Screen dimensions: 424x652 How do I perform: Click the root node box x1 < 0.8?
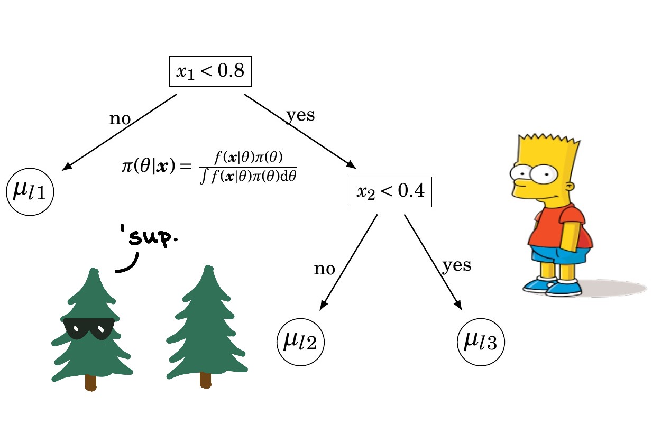pos(210,72)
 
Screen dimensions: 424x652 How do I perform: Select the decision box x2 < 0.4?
pos(391,191)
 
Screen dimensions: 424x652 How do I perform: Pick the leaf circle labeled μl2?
pos(300,342)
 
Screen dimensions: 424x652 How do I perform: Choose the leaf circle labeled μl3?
pos(481,342)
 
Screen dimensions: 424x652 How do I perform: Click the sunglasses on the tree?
pos(88,328)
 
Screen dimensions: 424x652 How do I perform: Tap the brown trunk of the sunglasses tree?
pos(91,382)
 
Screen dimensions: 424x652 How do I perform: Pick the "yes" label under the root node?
pos(300,115)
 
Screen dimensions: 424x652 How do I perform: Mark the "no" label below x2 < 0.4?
pos(324,269)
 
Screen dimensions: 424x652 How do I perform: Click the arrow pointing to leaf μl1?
pos(120,132)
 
